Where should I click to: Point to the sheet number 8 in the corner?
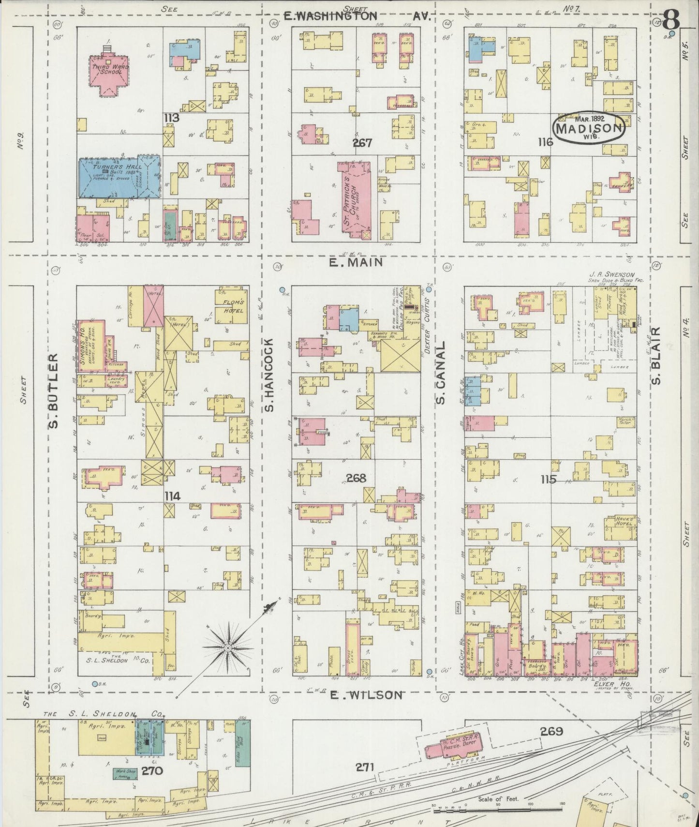click(671, 19)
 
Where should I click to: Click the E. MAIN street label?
click(356, 262)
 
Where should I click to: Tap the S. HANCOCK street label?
click(269, 376)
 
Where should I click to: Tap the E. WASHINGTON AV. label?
click(357, 16)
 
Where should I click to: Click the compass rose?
click(227, 647)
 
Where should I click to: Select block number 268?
click(356, 478)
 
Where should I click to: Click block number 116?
click(544, 142)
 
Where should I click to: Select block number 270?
click(152, 771)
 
